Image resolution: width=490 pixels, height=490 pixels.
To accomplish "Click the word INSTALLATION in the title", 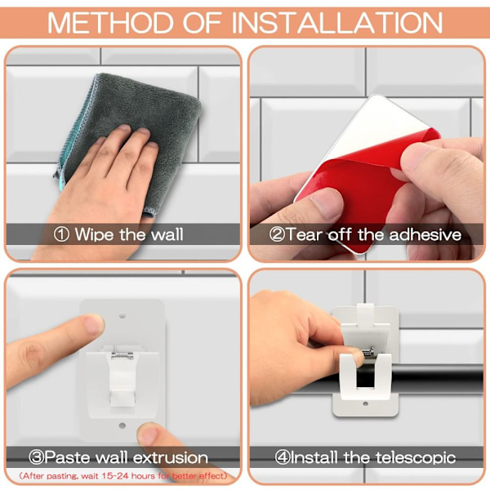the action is pyautogui.click(x=336, y=23).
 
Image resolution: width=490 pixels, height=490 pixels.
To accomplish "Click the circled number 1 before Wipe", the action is pyautogui.click(x=61, y=234).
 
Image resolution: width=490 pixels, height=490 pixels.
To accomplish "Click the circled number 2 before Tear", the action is pyautogui.click(x=277, y=234).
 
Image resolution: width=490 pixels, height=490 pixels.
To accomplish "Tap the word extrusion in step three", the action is pyautogui.click(x=171, y=457).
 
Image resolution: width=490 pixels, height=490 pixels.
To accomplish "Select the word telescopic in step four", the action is pyautogui.click(x=416, y=457).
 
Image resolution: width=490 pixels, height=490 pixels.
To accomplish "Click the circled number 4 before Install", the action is pyautogui.click(x=283, y=457).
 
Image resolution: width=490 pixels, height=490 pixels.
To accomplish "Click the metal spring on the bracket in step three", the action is pyautogui.click(x=122, y=355).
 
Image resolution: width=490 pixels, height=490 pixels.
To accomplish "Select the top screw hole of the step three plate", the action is pyautogui.click(x=122, y=316).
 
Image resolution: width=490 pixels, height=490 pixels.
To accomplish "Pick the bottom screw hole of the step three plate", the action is pyautogui.click(x=122, y=425).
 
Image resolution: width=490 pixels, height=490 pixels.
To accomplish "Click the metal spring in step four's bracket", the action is pyautogui.click(x=369, y=352).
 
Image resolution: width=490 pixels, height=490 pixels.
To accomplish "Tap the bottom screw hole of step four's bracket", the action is pyautogui.click(x=365, y=403).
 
